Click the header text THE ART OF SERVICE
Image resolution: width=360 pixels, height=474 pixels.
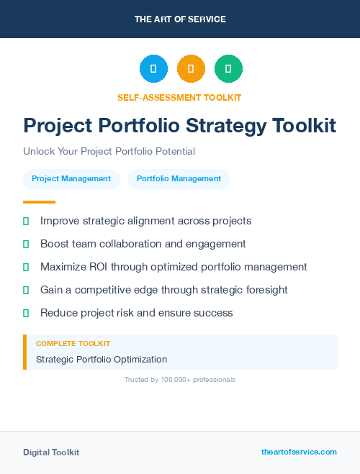180,19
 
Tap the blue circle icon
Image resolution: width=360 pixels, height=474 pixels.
153,69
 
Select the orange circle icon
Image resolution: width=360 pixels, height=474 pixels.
191,69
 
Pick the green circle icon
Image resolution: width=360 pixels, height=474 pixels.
228,69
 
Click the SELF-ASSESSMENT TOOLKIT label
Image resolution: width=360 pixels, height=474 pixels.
179,97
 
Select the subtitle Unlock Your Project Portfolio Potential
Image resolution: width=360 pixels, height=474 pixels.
109,152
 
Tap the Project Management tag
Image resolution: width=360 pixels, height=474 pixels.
71,179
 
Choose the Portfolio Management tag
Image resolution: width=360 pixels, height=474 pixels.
179,179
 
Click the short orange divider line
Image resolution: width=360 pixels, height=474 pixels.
39,202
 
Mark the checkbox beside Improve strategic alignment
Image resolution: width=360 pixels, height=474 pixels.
26,221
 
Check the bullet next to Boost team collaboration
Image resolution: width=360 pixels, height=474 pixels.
26,244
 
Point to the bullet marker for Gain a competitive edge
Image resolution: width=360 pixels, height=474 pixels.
26,290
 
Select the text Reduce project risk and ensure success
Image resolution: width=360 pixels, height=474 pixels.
137,313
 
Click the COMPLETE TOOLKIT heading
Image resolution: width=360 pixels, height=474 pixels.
73,344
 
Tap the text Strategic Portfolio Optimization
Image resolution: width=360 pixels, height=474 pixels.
102,359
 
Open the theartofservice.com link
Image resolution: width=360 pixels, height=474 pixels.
299,452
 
